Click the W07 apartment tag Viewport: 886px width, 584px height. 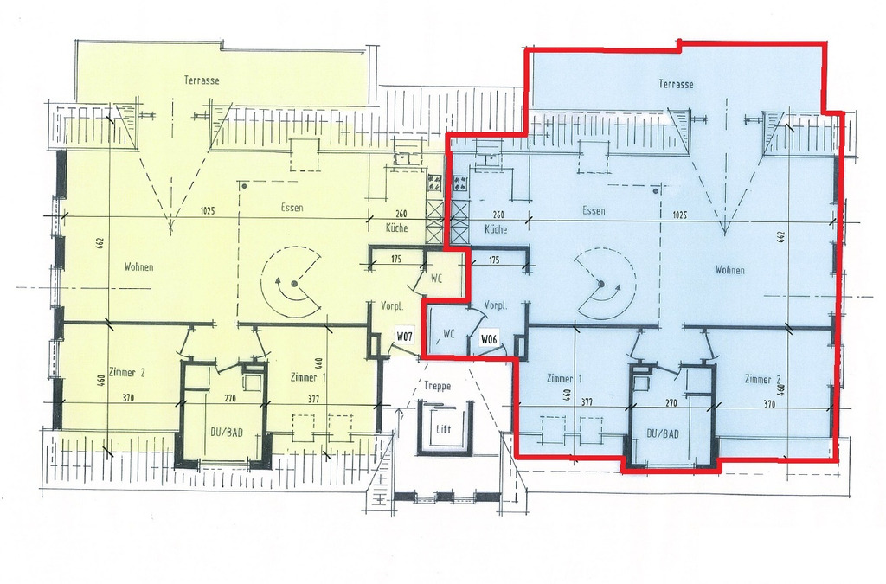click(x=405, y=337)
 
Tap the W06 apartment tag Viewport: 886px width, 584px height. click(x=489, y=339)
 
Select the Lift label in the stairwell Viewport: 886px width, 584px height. click(x=444, y=429)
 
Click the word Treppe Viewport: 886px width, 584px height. click(x=437, y=387)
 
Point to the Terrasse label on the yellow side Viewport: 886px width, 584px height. click(x=202, y=80)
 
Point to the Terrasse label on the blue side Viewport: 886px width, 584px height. click(x=676, y=84)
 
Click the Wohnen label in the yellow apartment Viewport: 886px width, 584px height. click(x=138, y=266)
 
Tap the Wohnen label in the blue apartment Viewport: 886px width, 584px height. click(x=730, y=270)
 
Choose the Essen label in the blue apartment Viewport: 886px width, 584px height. click(x=594, y=210)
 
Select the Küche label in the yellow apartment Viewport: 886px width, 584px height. click(x=397, y=228)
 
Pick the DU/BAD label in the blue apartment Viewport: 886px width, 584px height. click(x=663, y=434)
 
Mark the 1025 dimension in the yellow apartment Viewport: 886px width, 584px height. click(x=208, y=211)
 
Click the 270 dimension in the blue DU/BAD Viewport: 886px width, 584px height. click(x=671, y=403)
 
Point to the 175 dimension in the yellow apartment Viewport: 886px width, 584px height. click(x=396, y=260)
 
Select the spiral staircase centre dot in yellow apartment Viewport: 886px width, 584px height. click(x=294, y=284)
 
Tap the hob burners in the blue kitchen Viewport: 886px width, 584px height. click(x=460, y=182)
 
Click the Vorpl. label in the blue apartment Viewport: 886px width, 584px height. click(x=496, y=305)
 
